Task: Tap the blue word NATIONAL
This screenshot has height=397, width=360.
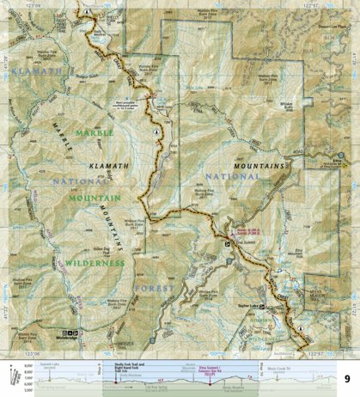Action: click(x=219, y=180)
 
